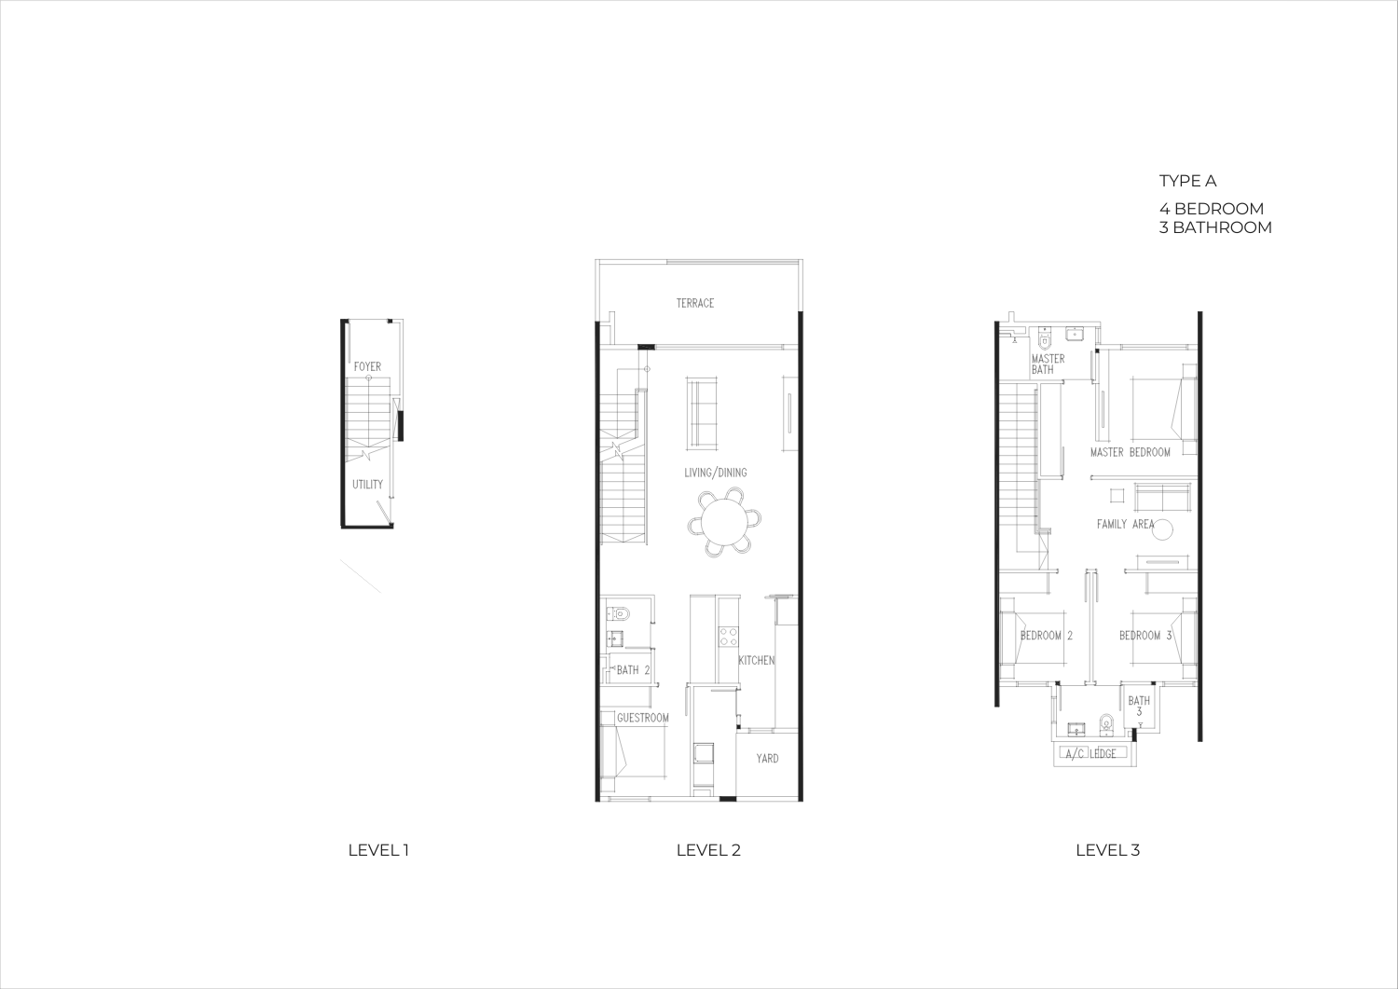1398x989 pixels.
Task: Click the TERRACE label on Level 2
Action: [694, 304]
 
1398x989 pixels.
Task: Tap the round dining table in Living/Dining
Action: [724, 522]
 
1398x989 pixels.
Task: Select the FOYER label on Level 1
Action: [367, 366]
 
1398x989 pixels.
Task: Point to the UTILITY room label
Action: [367, 485]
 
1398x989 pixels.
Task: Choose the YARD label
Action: [767, 759]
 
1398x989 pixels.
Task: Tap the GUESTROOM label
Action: [643, 718]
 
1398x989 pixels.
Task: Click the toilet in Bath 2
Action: [619, 613]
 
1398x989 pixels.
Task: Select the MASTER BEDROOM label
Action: [1131, 452]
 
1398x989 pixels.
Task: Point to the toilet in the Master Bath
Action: [1044, 339]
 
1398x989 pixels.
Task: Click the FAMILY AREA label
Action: [1125, 525]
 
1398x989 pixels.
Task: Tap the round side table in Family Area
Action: [1163, 529]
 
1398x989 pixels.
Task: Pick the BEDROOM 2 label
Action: [1047, 636]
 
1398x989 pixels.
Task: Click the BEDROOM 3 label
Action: [1145, 636]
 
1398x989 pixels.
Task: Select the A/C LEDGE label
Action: [1090, 754]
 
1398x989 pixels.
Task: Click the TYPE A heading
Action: [1187, 181]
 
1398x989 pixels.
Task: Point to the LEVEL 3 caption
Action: [1108, 850]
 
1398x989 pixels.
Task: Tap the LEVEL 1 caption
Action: [378, 850]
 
